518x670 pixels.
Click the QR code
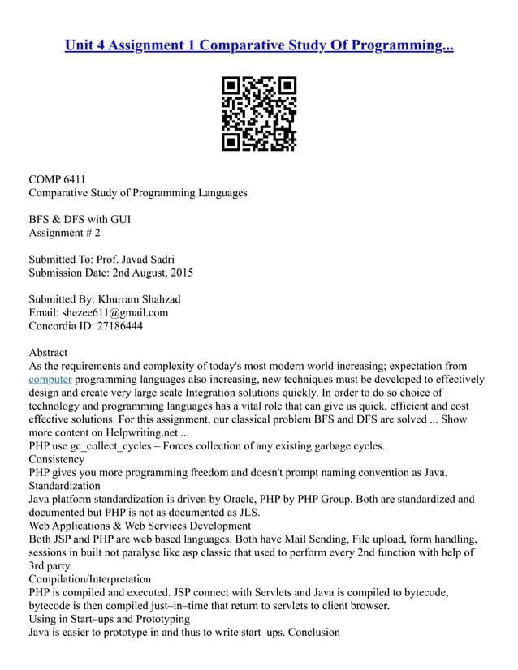pos(259,114)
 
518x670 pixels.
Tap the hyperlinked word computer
pos(50,379)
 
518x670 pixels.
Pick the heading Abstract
pos(48,353)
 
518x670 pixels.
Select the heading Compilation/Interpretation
pos(89,579)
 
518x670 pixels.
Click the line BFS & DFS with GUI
pos(80,220)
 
